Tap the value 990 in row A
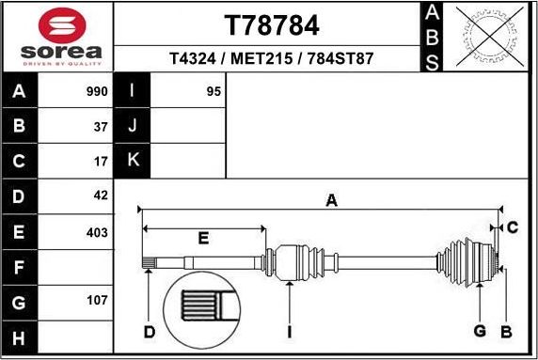coord(96,92)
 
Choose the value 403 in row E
coord(96,232)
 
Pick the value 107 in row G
coord(96,302)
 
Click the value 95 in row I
coord(214,92)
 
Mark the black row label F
coord(20,268)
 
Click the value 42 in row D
coord(100,196)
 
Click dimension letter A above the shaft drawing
coord(331,199)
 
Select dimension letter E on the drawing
coord(202,239)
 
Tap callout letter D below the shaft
coord(149,331)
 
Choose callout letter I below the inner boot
coord(290,331)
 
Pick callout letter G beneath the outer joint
coord(479,330)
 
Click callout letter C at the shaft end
coord(512,227)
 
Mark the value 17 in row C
coord(100,162)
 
